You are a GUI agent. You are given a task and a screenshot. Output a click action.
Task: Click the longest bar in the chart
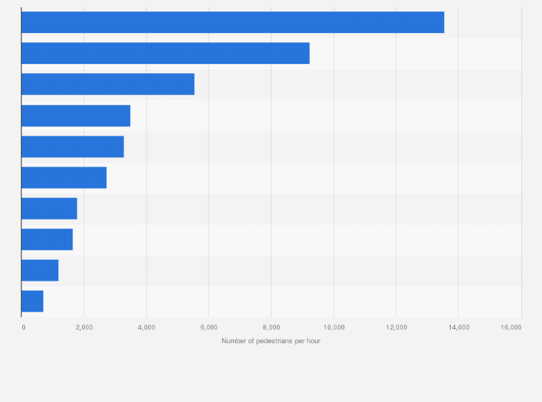coord(232,22)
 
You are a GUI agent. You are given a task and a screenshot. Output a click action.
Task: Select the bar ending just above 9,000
coord(165,53)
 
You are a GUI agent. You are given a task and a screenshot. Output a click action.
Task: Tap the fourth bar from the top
coord(75,116)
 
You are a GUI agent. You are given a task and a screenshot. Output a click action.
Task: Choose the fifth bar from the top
coord(73,146)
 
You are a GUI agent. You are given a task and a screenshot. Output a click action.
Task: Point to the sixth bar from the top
coord(64,177)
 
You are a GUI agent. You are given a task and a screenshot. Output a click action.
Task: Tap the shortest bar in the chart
coord(32,301)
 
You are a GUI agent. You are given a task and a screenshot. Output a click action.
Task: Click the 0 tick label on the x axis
coord(23,327)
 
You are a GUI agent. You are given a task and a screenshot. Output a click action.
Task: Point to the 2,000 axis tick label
coord(83,327)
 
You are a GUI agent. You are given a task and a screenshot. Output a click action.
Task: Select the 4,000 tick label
coord(146,327)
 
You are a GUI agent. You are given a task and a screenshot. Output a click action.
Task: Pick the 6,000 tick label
coord(208,327)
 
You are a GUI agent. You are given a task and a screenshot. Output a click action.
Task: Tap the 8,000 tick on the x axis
coord(271,327)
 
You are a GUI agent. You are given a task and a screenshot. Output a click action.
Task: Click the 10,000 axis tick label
coord(333,327)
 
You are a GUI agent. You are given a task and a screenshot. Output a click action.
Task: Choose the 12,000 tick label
coord(395,327)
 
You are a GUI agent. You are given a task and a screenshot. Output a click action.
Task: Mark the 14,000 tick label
coord(458,327)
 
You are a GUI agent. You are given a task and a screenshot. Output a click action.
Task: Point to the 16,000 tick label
coord(511,327)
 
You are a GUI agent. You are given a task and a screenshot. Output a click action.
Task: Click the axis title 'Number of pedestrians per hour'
coord(271,341)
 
